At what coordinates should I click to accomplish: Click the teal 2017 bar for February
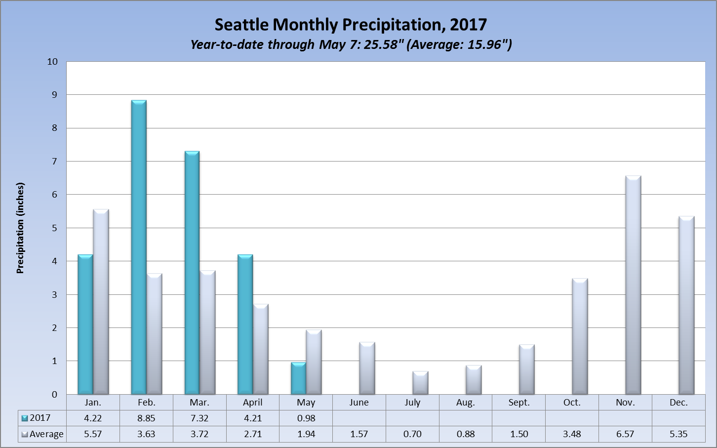(x=139, y=247)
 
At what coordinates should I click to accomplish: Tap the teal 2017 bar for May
(x=298, y=378)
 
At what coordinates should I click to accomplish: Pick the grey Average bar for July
(x=420, y=383)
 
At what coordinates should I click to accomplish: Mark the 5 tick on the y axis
(x=54, y=228)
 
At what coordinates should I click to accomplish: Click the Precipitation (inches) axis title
(x=20, y=228)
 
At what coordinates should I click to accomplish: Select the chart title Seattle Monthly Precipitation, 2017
(x=351, y=25)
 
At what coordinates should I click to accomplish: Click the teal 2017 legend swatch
(x=25, y=418)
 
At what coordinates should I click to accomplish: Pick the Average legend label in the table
(x=46, y=434)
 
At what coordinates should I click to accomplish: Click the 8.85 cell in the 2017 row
(x=146, y=418)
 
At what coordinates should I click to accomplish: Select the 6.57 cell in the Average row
(x=625, y=434)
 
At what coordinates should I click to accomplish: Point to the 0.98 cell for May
(x=306, y=418)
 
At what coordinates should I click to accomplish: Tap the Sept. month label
(x=519, y=403)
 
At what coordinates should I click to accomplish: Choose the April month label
(x=253, y=403)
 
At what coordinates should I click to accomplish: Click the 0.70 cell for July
(x=412, y=434)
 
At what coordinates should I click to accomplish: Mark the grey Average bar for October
(x=580, y=336)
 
